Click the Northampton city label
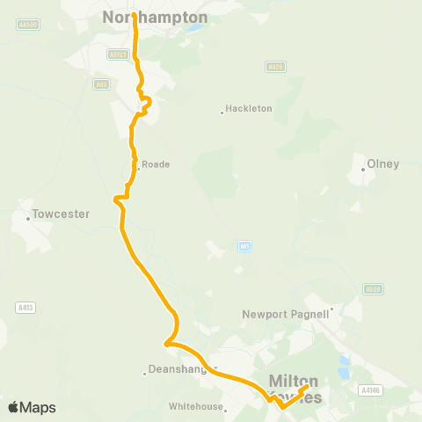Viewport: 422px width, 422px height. (156, 17)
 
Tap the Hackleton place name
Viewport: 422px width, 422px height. (249, 108)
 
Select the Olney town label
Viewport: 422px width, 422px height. (383, 164)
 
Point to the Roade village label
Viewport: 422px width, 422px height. (156, 164)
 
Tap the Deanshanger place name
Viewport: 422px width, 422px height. (181, 371)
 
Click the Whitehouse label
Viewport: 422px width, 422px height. (193, 406)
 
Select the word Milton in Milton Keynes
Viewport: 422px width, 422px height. (293, 381)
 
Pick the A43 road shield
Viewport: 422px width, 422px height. (102, 84)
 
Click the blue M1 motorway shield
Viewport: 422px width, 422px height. (244, 247)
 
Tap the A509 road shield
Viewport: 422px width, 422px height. (372, 288)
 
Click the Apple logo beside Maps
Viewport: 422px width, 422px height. (14, 407)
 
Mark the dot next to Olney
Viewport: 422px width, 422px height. (363, 170)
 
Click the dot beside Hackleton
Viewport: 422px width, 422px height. (222, 112)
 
